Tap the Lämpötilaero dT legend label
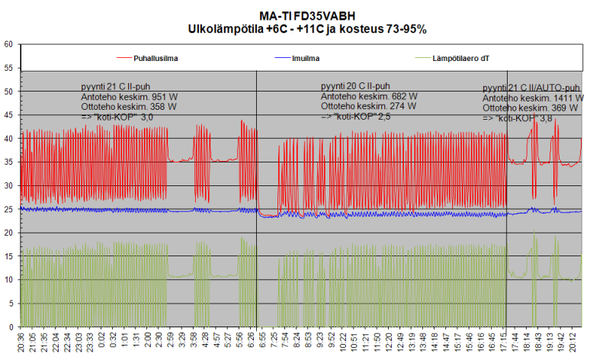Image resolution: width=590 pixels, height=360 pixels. [464, 57]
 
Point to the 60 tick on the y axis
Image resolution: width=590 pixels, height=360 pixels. [8, 44]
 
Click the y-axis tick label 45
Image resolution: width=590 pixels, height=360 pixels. [8, 115]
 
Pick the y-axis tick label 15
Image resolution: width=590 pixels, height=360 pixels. [8, 256]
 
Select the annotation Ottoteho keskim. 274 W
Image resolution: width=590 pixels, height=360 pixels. [369, 107]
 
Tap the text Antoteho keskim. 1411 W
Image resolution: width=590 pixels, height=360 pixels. [533, 98]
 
